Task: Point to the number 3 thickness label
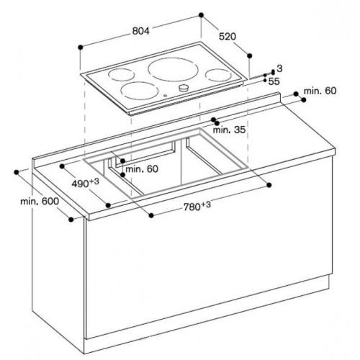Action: (279, 67)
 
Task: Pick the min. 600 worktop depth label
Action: (39, 202)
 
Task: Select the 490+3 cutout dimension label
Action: (85, 184)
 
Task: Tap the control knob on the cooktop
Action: (183, 89)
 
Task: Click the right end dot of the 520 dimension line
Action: (250, 54)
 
